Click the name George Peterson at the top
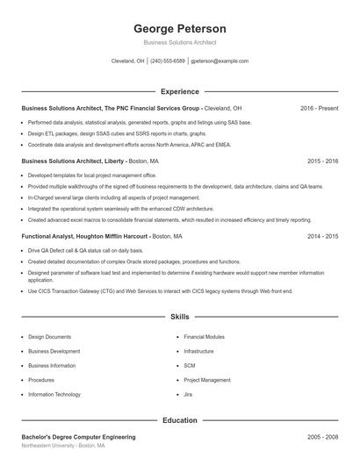pos(180,28)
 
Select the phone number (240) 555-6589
pos(168,61)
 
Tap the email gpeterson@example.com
pos(220,61)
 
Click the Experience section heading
pos(180,91)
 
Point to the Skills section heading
pos(180,316)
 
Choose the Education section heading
pos(180,420)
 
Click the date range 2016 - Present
pos(319,108)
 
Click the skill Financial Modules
pos(204,337)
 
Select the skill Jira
pos(189,395)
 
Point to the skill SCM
pos(190,366)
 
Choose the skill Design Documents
pos(49,337)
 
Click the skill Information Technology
pos(54,395)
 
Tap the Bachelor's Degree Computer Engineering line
pos(78,436)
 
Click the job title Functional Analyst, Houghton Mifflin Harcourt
pos(84,236)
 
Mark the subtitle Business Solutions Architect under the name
pos(180,42)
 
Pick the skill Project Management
pos(207,380)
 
